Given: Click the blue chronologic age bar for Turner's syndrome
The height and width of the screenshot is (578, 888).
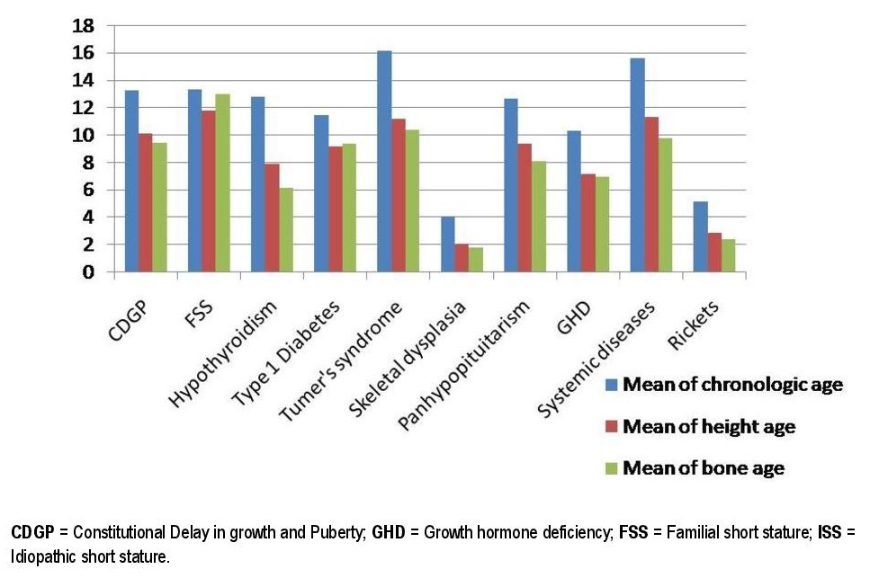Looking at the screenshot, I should pos(384,162).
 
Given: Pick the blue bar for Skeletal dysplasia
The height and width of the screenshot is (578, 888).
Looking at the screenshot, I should pos(447,244).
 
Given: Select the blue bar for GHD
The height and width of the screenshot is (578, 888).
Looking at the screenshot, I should pos(574,201).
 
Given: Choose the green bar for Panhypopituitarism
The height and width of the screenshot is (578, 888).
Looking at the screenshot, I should pos(538,216).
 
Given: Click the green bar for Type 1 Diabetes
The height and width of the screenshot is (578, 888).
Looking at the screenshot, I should pos(348,208).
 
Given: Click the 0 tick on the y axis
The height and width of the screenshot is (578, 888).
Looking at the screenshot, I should pos(88,271).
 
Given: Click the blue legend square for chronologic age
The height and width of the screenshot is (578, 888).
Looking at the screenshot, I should pos(612,385).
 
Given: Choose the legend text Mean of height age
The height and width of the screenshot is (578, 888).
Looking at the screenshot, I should pos(709,427).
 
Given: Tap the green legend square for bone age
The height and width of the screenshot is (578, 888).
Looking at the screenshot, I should pos(612,467).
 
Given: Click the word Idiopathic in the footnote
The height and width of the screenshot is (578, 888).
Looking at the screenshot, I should pos(40,557).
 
